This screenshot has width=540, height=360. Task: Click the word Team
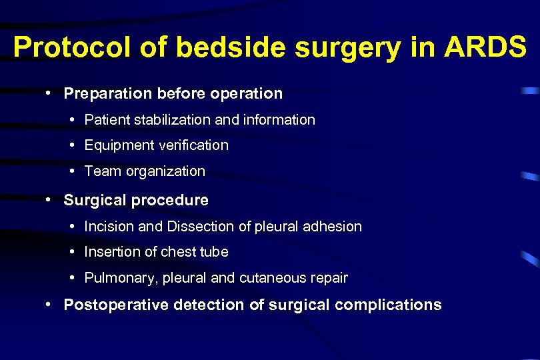tap(103, 171)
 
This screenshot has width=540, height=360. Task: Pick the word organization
tap(165, 171)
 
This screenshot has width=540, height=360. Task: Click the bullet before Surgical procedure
tap(50, 199)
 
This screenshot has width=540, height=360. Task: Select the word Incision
tap(109, 227)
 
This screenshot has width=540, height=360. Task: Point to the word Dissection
tap(198, 227)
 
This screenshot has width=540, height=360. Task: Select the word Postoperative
tap(115, 305)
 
